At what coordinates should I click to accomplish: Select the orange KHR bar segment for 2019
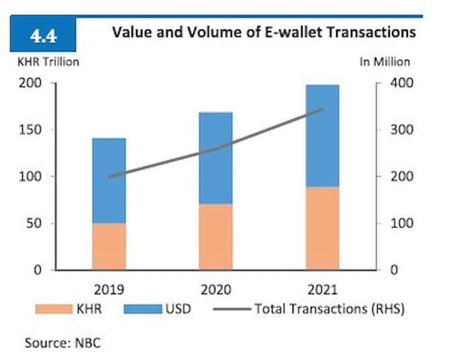point(109,246)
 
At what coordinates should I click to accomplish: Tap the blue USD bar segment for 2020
point(215,157)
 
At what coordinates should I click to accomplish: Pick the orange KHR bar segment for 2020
point(215,236)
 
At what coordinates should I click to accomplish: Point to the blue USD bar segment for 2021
point(322,135)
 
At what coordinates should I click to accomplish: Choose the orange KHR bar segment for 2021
point(322,228)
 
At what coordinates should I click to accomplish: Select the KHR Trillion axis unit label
point(44,62)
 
